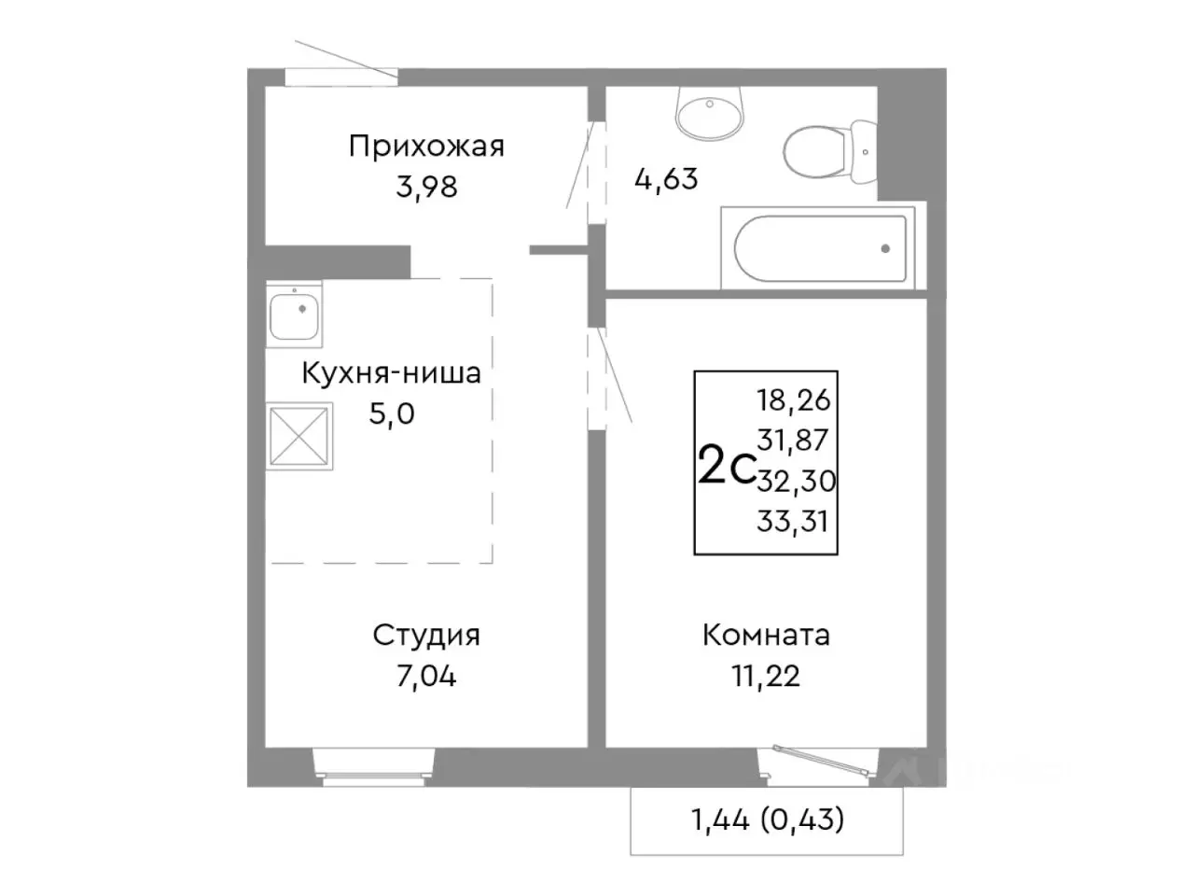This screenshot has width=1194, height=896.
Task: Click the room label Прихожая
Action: pos(426,147)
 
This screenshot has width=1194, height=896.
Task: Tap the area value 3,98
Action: pos(426,187)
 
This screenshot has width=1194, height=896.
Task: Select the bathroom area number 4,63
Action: pos(666,178)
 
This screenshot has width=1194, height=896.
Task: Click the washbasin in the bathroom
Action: pos(709,113)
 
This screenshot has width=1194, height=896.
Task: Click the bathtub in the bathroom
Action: pos(820,248)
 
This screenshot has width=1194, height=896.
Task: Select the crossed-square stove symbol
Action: pos(299,436)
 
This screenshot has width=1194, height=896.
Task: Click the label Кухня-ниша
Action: pos(391,373)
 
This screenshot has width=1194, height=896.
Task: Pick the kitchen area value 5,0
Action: pos(392,413)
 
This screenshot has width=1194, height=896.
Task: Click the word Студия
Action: pos(426,636)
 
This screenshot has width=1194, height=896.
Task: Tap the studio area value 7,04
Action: pos(426,676)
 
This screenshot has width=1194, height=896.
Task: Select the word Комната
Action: pos(766,636)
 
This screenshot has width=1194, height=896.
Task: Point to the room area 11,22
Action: pos(766,676)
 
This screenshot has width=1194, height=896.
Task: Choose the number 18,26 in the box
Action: pos(793,400)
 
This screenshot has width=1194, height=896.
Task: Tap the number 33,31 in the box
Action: pos(793,521)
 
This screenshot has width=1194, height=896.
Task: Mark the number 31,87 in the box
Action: pos(793,440)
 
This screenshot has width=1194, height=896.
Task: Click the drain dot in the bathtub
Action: pos(884,249)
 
